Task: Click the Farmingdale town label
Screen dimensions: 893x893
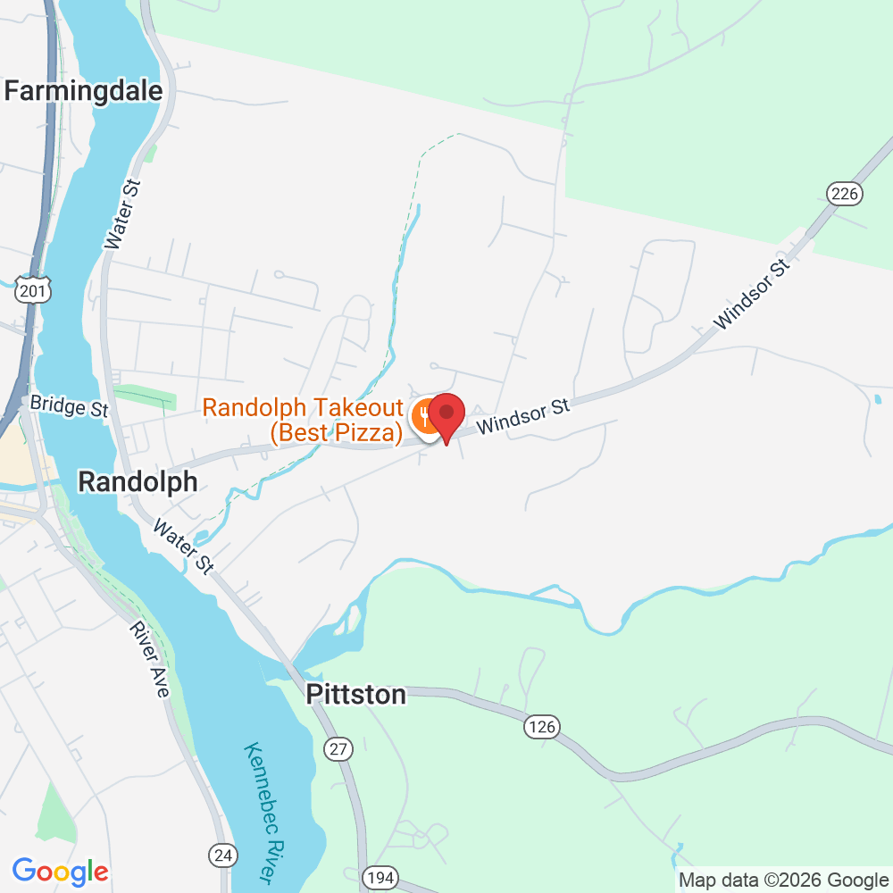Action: point(84,90)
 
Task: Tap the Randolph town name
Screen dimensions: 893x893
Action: point(138,482)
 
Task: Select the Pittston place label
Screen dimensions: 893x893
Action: point(355,695)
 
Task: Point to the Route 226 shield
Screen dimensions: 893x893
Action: point(843,193)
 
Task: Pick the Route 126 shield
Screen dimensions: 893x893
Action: point(541,727)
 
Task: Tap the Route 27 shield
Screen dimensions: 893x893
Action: point(338,749)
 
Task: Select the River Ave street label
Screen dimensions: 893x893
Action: point(149,660)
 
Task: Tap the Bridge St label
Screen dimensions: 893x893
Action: point(69,405)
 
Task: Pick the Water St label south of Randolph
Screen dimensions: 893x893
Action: point(183,547)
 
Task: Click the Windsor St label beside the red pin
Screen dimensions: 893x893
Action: point(522,417)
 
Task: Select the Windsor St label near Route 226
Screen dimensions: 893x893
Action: point(754,294)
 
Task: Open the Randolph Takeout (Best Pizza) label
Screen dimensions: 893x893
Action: point(304,421)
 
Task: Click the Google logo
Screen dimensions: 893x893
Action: point(61,871)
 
